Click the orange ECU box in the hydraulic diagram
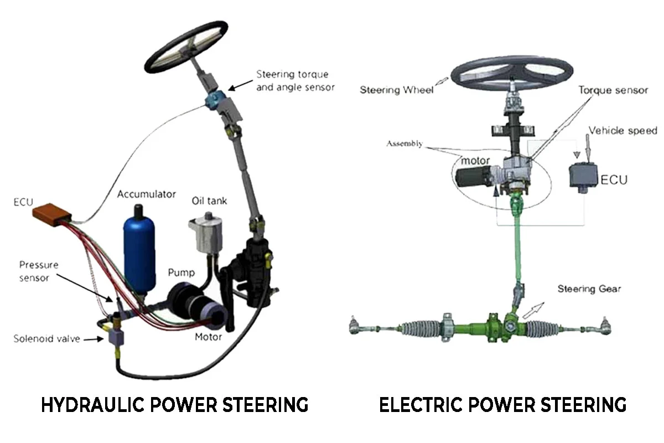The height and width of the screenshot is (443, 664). (x=52, y=214)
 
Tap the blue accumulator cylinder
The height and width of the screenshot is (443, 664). (x=139, y=252)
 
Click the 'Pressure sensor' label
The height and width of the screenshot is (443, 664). (x=39, y=271)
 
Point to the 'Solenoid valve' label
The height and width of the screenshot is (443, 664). (x=47, y=338)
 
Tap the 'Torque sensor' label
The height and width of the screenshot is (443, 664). (x=613, y=90)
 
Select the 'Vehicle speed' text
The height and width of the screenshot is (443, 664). (x=622, y=131)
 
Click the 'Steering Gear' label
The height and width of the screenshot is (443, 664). (x=589, y=289)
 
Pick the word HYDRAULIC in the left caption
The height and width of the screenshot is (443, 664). (x=92, y=405)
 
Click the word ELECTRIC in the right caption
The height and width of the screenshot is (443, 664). (x=421, y=405)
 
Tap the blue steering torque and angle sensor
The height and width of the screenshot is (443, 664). (x=214, y=100)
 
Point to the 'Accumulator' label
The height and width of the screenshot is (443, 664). (x=147, y=194)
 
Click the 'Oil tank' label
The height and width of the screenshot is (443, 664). (x=209, y=201)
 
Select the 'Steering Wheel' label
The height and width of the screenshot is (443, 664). (x=396, y=90)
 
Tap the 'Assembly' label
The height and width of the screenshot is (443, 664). (x=404, y=143)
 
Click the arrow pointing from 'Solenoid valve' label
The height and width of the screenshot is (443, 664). (x=94, y=339)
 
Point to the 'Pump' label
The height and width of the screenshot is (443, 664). (x=181, y=272)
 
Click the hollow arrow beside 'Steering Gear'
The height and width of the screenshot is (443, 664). (x=533, y=311)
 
